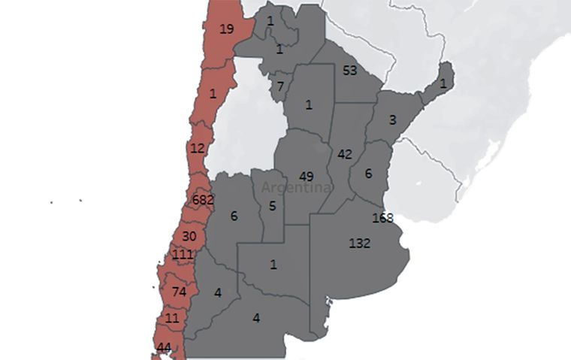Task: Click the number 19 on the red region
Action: click(226, 29)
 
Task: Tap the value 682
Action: click(203, 200)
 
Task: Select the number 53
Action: click(349, 71)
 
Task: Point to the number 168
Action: click(383, 218)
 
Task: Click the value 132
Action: click(358, 244)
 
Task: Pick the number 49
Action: click(306, 177)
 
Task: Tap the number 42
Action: click(345, 155)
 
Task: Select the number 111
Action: click(183, 255)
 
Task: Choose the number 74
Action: click(179, 292)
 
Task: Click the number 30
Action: click(189, 236)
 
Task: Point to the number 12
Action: click(197, 148)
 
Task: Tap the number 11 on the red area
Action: click(172, 318)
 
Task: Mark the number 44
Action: click(164, 347)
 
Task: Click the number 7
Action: click(280, 86)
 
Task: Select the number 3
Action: click(392, 119)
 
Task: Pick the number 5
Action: click(272, 206)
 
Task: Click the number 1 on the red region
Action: click(213, 95)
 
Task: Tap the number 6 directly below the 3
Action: click(368, 173)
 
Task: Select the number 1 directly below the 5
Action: click(273, 264)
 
